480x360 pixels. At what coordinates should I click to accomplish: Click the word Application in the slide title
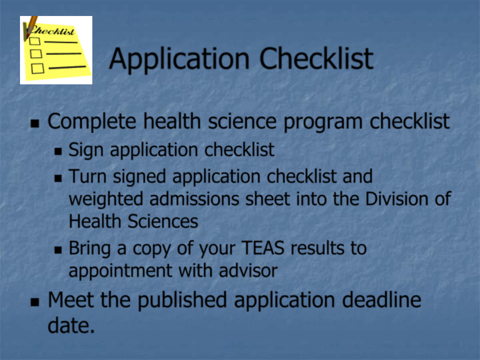tap(179, 60)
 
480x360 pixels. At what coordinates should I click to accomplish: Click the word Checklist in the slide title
tap(316, 58)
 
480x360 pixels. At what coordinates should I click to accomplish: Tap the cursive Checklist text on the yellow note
tap(52, 31)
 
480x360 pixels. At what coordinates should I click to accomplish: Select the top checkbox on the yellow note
tap(35, 41)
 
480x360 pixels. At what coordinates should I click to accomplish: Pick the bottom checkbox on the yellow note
tap(38, 68)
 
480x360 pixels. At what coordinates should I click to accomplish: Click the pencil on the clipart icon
tap(30, 26)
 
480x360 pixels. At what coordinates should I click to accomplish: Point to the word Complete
tap(92, 122)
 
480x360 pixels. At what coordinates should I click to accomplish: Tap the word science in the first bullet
tap(242, 122)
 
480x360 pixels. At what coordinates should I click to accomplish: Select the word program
tap(323, 123)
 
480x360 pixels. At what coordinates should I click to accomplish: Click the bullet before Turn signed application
tap(58, 178)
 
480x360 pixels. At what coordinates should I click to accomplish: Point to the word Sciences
tap(163, 221)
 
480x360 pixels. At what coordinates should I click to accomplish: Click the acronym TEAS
tap(264, 248)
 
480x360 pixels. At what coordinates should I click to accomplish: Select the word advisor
tap(248, 270)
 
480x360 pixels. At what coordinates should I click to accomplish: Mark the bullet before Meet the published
tap(35, 302)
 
